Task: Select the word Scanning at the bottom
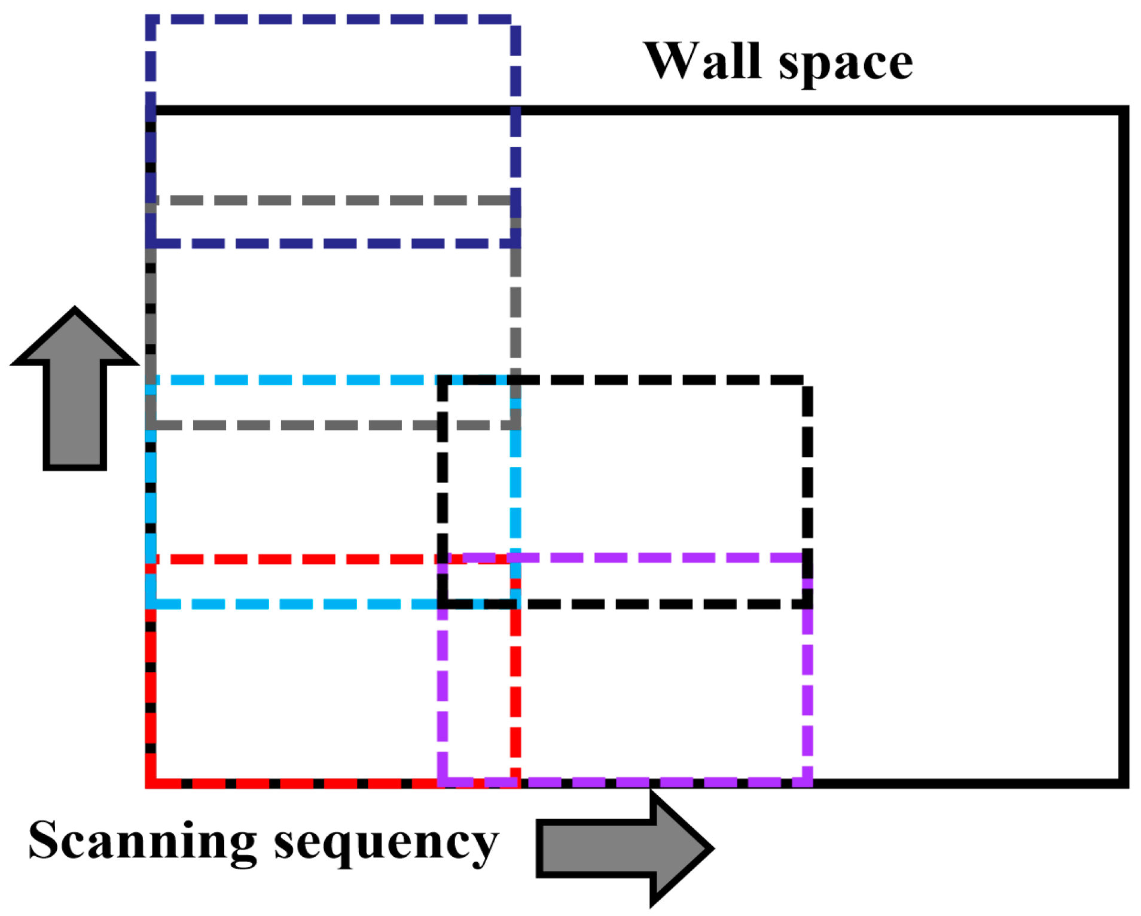coord(142,842)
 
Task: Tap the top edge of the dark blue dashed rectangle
coord(329,20)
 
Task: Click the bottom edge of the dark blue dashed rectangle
coord(329,243)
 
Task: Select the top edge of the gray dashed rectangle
coord(329,200)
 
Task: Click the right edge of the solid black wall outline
coord(1124,448)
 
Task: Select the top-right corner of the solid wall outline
coord(1124,111)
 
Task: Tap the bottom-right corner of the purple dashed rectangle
coord(807,781)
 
